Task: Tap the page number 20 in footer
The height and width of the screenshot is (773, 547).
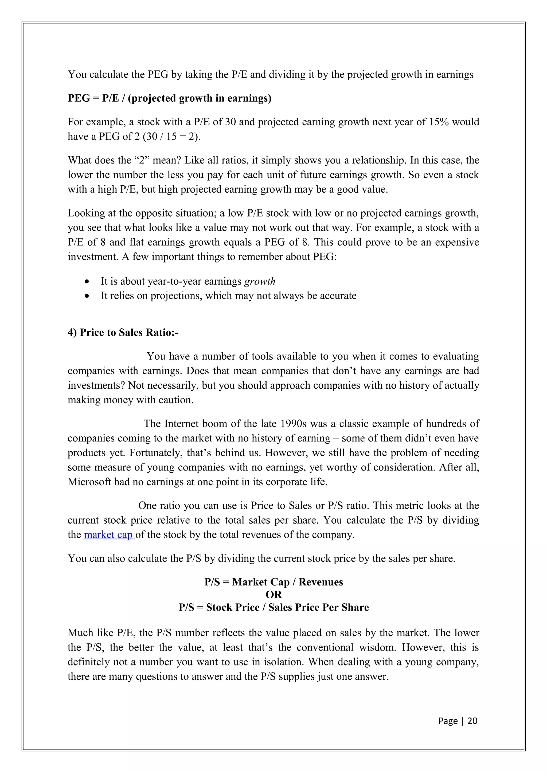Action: click(472, 720)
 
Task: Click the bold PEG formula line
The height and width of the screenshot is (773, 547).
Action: click(170, 98)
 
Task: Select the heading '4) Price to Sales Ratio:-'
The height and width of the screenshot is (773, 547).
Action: click(123, 332)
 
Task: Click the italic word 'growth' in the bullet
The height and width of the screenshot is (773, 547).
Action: click(260, 281)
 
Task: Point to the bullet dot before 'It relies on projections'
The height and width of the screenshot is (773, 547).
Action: click(87, 296)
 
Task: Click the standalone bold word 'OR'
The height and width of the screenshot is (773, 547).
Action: click(273, 595)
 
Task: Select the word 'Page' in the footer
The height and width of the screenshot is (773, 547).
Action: click(448, 721)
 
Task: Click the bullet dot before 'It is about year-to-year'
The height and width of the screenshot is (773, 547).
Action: click(87, 281)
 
